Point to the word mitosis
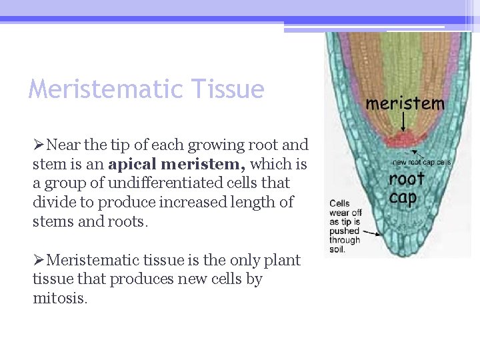[x=59, y=299]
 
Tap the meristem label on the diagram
[x=405, y=103]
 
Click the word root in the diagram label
[x=407, y=179]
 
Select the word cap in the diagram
[x=403, y=197]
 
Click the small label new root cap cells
[x=421, y=162]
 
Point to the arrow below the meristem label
[x=405, y=123]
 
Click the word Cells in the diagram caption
[x=339, y=203]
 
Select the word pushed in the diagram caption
[x=344, y=231]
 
